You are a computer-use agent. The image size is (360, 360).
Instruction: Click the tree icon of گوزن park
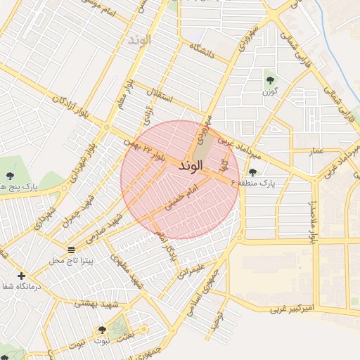tap(269, 78)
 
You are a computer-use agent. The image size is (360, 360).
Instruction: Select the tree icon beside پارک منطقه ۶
tap(252, 172)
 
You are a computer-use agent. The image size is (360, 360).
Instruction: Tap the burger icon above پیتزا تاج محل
tap(71, 250)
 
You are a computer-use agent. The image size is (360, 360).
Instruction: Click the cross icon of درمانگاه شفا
tap(21, 276)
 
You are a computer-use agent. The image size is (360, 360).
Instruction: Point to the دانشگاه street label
tap(206, 49)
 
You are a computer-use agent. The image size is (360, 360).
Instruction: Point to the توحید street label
tap(221, 321)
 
